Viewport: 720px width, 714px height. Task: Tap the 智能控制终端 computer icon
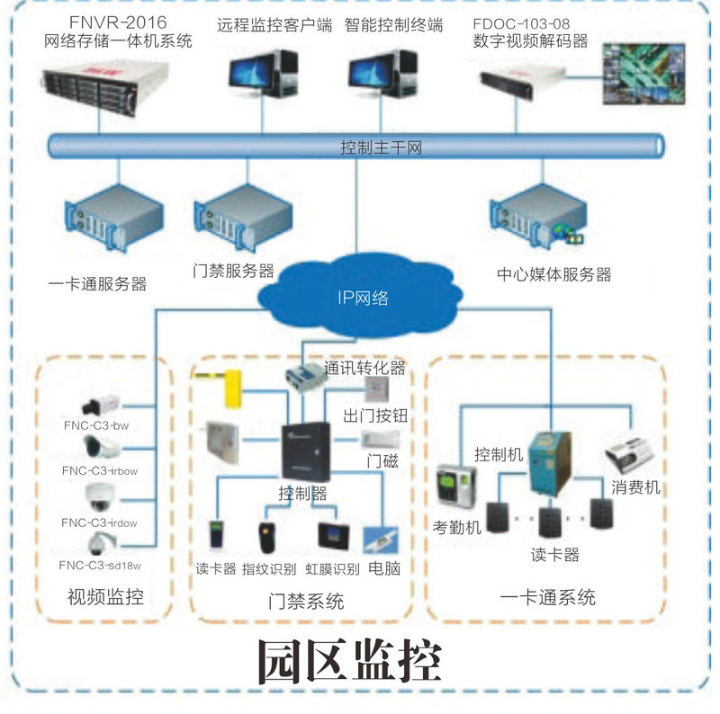[385, 76]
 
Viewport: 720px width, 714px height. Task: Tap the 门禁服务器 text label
[234, 271]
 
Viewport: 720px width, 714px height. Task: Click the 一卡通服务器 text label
[97, 284]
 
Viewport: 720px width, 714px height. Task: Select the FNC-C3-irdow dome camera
[97, 495]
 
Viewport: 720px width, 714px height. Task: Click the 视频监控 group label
[105, 596]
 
